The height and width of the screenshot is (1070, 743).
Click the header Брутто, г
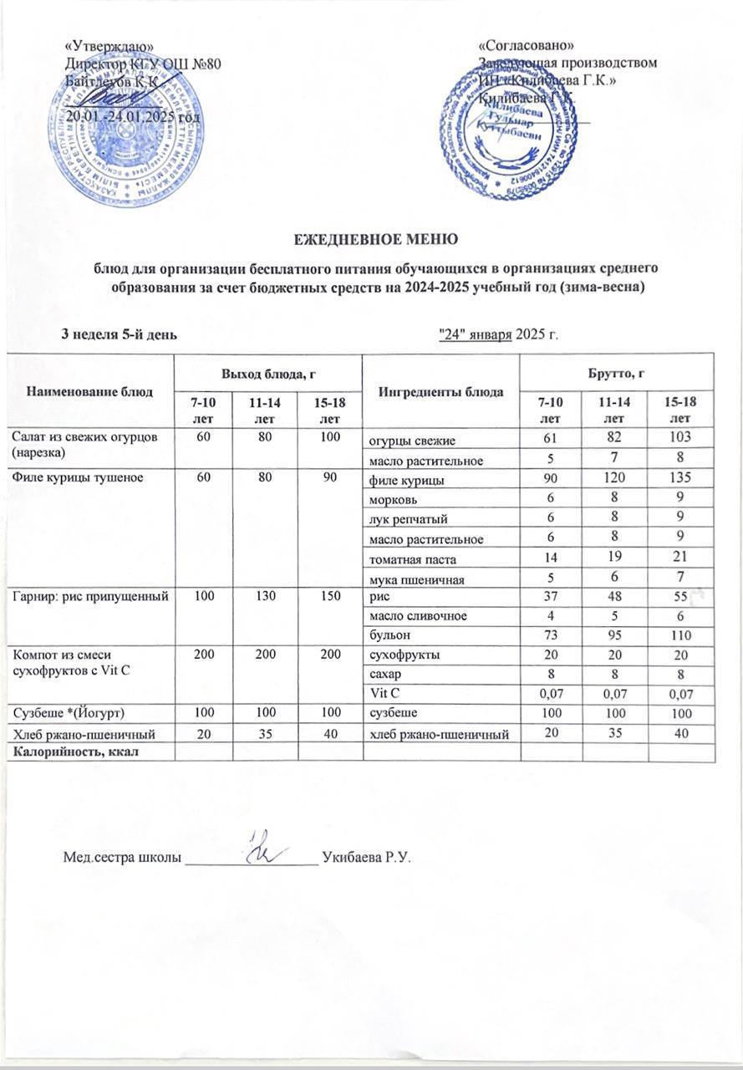615,369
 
